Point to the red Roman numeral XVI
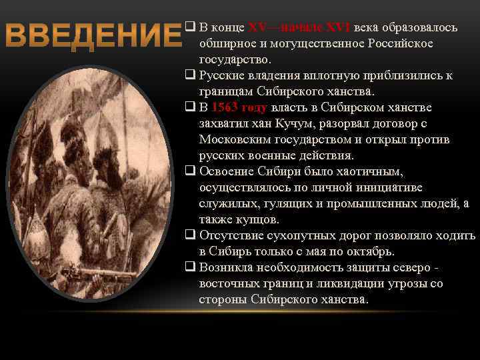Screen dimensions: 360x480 tap(338, 27)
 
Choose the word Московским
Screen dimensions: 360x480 tap(231, 139)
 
